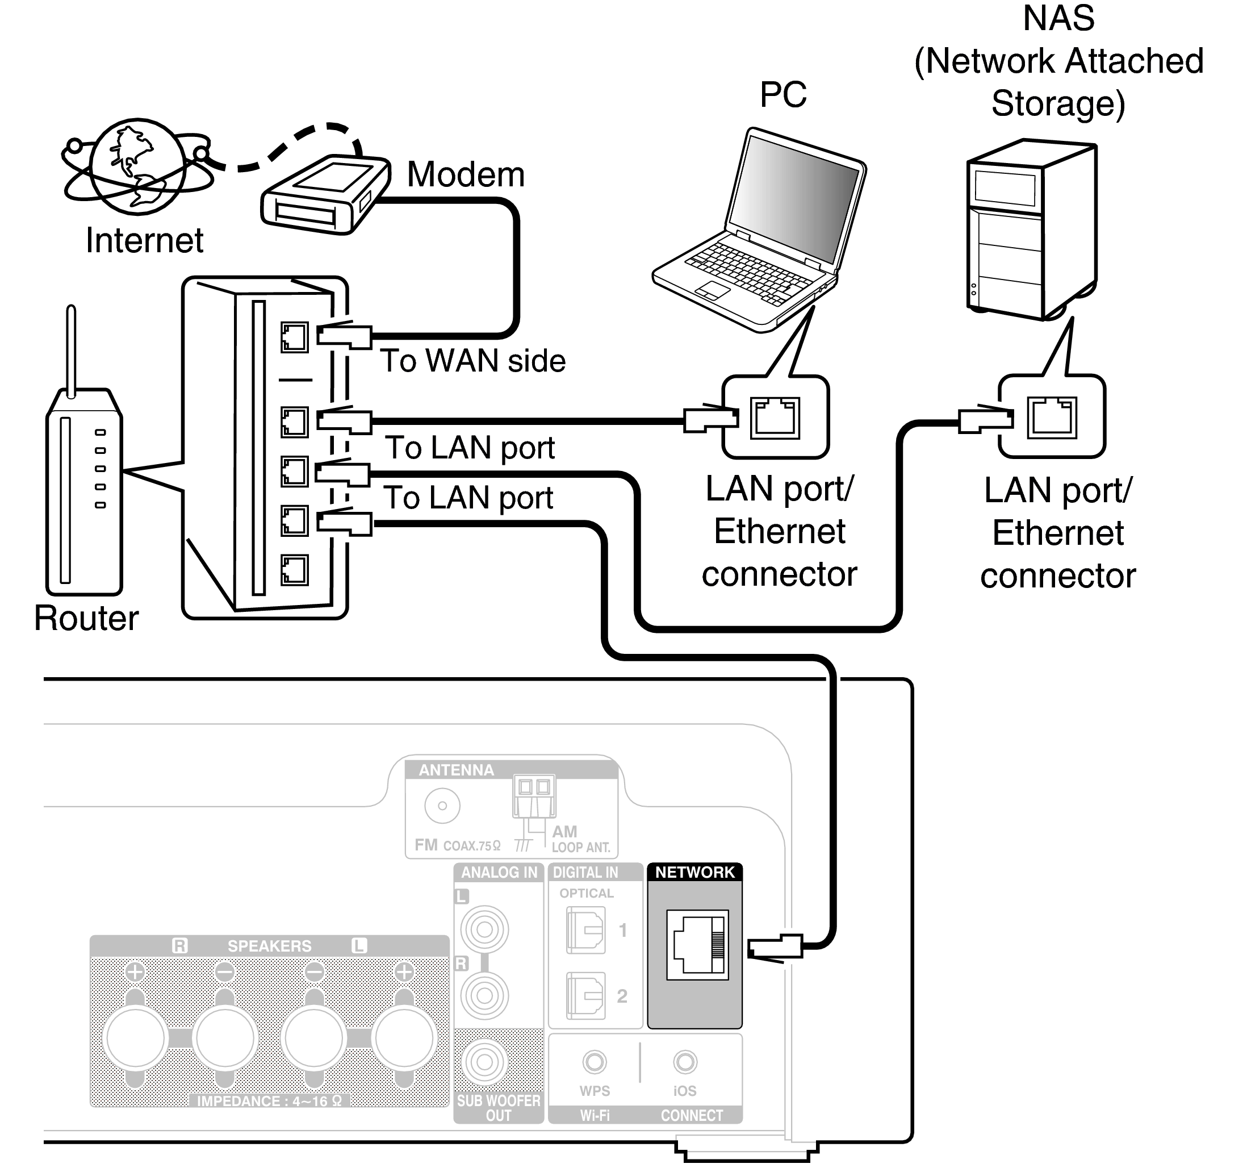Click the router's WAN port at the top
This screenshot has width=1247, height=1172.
click(x=294, y=337)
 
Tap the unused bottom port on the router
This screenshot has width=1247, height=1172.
click(x=294, y=570)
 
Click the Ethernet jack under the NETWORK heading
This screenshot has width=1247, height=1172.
click(x=697, y=945)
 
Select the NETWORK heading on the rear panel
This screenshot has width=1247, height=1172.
click(x=694, y=872)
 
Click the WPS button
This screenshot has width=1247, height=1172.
click(x=594, y=1062)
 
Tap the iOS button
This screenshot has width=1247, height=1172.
click(x=684, y=1062)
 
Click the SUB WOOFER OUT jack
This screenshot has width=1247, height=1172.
click(x=484, y=1062)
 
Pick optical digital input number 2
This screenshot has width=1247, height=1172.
click(x=585, y=996)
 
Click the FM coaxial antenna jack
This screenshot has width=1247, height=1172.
click(x=442, y=806)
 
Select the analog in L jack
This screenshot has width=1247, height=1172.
click(x=484, y=929)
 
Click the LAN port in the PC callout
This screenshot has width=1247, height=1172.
click(x=775, y=417)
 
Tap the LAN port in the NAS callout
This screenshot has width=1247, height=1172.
click(x=1051, y=417)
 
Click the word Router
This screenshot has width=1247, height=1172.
click(x=86, y=619)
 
